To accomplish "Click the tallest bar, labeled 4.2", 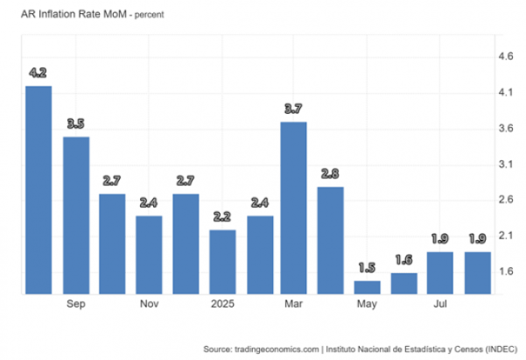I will pyautogui.click(x=39, y=190).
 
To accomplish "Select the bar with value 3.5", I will pyautogui.click(x=76, y=215).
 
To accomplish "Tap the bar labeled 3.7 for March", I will pyautogui.click(x=293, y=208).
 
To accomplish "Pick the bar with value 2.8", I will pyautogui.click(x=330, y=240).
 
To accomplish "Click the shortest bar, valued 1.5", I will pyautogui.click(x=367, y=287).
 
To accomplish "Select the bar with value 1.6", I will pyautogui.click(x=403, y=284).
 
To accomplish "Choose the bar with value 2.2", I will pyautogui.click(x=222, y=262).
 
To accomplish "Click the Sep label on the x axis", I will pyautogui.click(x=76, y=306).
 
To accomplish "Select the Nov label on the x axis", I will pyautogui.click(x=149, y=306).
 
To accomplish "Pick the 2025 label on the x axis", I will pyautogui.click(x=222, y=306).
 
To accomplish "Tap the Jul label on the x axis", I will pyautogui.click(x=439, y=306).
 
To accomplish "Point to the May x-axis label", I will pyautogui.click(x=367, y=306).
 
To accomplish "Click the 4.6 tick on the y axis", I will pyautogui.click(x=506, y=56).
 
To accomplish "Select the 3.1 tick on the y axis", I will pyautogui.click(x=506, y=164).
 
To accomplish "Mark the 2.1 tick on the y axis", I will pyautogui.click(x=506, y=235).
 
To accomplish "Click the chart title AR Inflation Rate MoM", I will pyautogui.click(x=67, y=15).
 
